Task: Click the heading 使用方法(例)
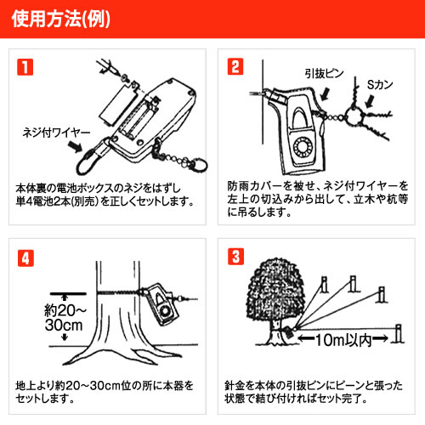pyautogui.click(x=61, y=20)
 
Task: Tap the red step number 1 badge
pyautogui.click(x=25, y=67)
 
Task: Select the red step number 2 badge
pyautogui.click(x=235, y=66)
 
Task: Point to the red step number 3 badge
pyautogui.click(x=235, y=257)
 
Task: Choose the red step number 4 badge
pyautogui.click(x=25, y=258)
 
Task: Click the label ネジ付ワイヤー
pyautogui.click(x=56, y=133)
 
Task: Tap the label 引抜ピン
pyautogui.click(x=324, y=74)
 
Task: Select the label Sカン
pyautogui.click(x=380, y=85)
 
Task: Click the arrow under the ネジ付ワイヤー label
pyautogui.click(x=76, y=146)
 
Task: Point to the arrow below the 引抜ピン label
pyautogui.click(x=325, y=93)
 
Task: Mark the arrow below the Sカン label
pyautogui.click(x=370, y=101)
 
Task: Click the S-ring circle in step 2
pyautogui.click(x=354, y=117)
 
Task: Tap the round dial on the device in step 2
pyautogui.click(x=303, y=148)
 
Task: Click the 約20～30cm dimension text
pyautogui.click(x=65, y=318)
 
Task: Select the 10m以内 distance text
pyautogui.click(x=343, y=340)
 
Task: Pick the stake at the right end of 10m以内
pyautogui.click(x=399, y=334)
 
